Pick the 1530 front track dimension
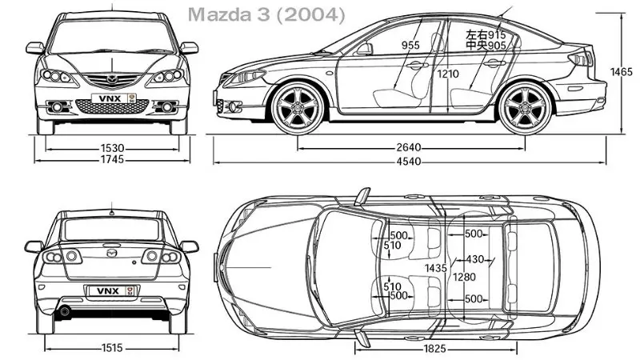pos(111,148)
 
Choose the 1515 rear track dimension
pos(111,349)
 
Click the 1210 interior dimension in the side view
pos(449,74)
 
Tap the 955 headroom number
pos(410,46)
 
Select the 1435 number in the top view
pos(436,267)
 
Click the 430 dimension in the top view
pos(475,259)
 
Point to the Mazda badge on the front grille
pos(112,78)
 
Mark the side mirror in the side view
pos(365,49)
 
